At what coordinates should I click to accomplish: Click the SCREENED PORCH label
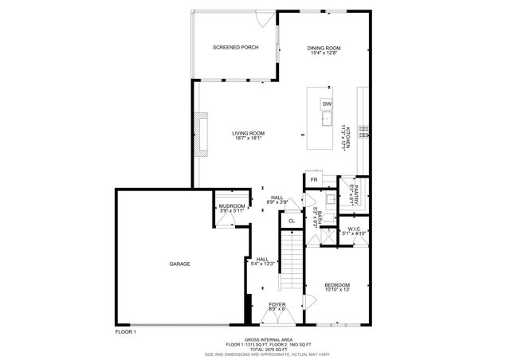(x=235, y=48)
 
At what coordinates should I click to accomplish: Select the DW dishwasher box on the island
(x=327, y=104)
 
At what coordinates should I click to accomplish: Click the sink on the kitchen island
(x=327, y=119)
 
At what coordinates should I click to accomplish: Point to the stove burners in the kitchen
(x=363, y=130)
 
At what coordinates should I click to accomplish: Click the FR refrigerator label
(x=314, y=180)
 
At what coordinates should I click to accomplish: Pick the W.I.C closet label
(x=352, y=232)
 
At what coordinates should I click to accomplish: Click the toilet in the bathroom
(x=326, y=230)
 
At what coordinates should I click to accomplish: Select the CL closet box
(x=292, y=221)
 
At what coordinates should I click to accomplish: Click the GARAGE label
(x=179, y=264)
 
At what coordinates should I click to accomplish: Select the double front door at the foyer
(x=277, y=317)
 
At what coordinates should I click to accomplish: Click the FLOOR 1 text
(x=126, y=331)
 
